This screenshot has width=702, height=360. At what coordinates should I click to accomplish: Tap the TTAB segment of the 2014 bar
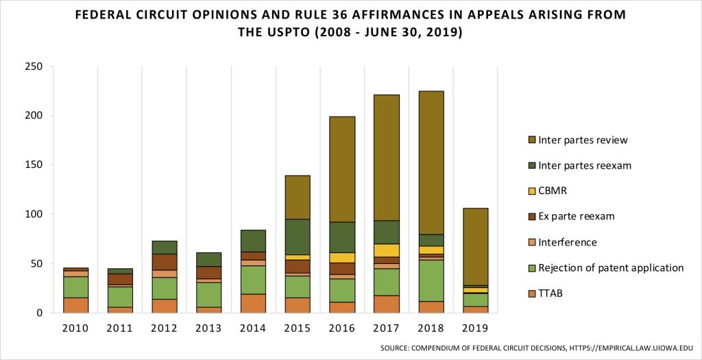tap(253, 303)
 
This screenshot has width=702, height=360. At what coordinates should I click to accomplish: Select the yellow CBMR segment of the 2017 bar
tap(387, 250)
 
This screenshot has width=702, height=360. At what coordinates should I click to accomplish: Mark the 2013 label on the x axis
tap(208, 328)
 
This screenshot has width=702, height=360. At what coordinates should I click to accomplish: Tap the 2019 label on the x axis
tap(476, 328)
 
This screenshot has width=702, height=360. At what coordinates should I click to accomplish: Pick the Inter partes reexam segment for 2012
tap(164, 247)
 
